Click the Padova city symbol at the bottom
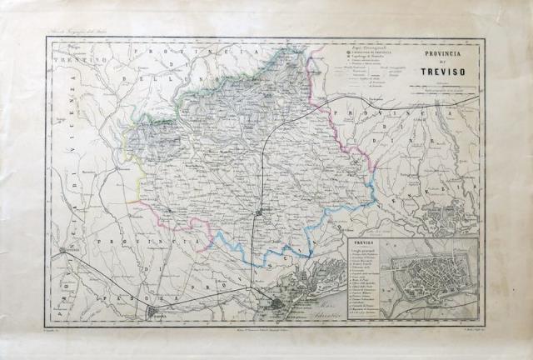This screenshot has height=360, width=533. coord(154,312)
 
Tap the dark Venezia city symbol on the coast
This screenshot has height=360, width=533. coord(277,304)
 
